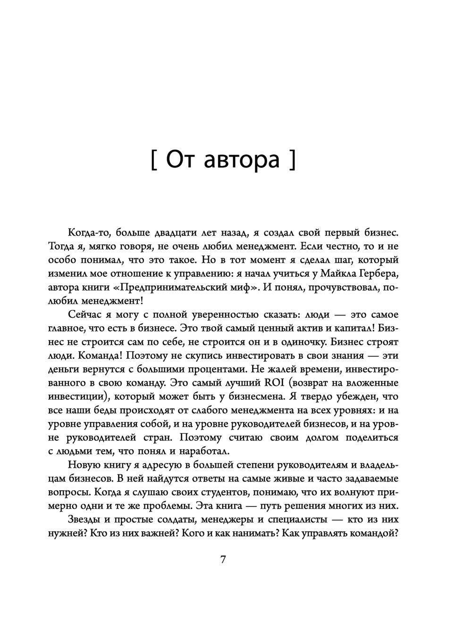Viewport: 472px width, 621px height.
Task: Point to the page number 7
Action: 223,560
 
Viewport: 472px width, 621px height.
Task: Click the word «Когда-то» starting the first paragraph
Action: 88,232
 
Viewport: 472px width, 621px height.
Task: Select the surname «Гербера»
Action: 379,273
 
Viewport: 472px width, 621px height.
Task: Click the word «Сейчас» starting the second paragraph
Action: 85,315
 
